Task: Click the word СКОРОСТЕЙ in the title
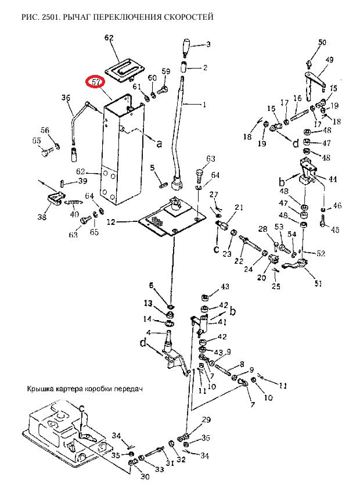coord(187,17)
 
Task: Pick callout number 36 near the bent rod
coord(66,98)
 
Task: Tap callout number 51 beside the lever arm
coord(318,284)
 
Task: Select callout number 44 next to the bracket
coord(332,180)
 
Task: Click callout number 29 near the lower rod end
coord(206,420)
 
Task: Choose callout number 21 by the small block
coord(239,207)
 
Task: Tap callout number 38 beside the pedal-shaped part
coord(41,217)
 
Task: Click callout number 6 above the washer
coord(152,285)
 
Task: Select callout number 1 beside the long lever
coord(204,105)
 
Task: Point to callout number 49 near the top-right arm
coord(329,60)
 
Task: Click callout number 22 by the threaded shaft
coord(239,261)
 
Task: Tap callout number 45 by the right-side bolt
coord(334,230)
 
